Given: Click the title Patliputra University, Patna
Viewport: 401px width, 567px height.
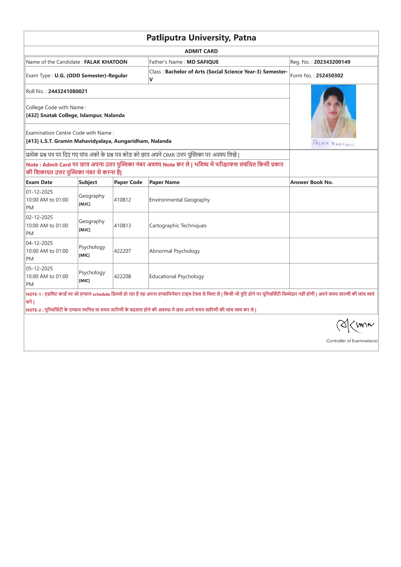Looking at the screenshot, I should (x=201, y=38).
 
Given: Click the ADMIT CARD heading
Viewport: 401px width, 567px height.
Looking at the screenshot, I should (x=201, y=51).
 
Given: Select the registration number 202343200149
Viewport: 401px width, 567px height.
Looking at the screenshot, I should (x=332, y=62).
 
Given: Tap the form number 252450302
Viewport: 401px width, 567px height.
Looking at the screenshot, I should (x=329, y=76).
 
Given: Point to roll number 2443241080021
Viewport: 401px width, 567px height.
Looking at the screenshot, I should (x=68, y=91).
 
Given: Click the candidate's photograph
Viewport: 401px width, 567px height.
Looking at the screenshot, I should (x=333, y=111).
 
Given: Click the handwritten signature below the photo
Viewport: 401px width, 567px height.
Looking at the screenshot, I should (x=333, y=144).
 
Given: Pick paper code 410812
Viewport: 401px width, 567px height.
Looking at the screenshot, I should (x=122, y=200).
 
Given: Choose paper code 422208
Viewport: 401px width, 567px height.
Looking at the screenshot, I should (x=122, y=277).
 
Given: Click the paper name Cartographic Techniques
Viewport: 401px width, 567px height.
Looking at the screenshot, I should (x=178, y=226).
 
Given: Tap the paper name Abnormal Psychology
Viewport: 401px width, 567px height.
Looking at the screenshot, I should (x=174, y=251).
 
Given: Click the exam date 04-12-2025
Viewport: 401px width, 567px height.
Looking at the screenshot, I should (x=39, y=243).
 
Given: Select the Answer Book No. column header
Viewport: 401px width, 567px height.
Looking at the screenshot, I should (x=311, y=182).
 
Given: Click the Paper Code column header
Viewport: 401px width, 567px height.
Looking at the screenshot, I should (x=128, y=182).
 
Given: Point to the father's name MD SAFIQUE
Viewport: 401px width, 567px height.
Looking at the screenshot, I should (x=203, y=62).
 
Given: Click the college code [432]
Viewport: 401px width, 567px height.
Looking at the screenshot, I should (x=32, y=115).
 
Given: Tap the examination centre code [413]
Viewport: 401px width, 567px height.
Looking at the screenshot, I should (x=32, y=141).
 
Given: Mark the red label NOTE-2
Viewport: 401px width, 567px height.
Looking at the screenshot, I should (x=34, y=310).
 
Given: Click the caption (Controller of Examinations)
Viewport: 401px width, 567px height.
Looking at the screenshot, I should (x=352, y=341).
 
